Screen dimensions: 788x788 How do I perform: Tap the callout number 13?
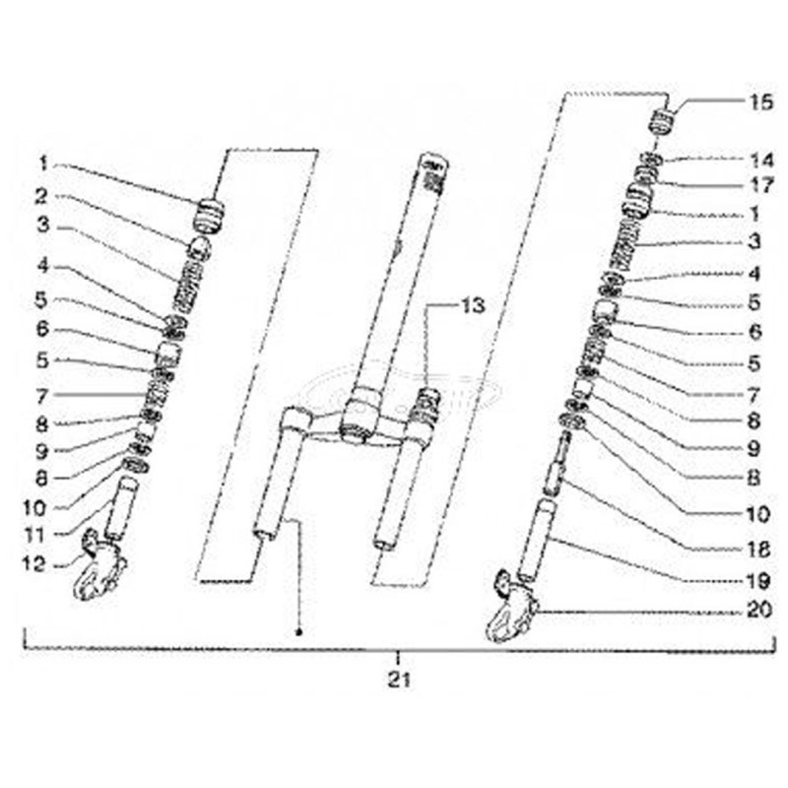point(474,306)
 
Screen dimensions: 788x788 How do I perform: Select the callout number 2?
point(43,193)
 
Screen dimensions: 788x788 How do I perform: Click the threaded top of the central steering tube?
point(432,167)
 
